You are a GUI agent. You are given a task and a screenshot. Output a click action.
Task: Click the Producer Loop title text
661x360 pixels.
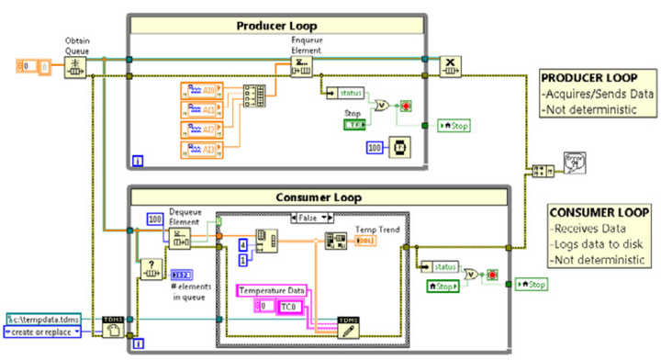(286, 26)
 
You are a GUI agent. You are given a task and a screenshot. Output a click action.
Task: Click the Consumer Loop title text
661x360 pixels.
(317, 196)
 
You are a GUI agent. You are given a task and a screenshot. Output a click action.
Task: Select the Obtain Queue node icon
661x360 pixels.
(76, 65)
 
